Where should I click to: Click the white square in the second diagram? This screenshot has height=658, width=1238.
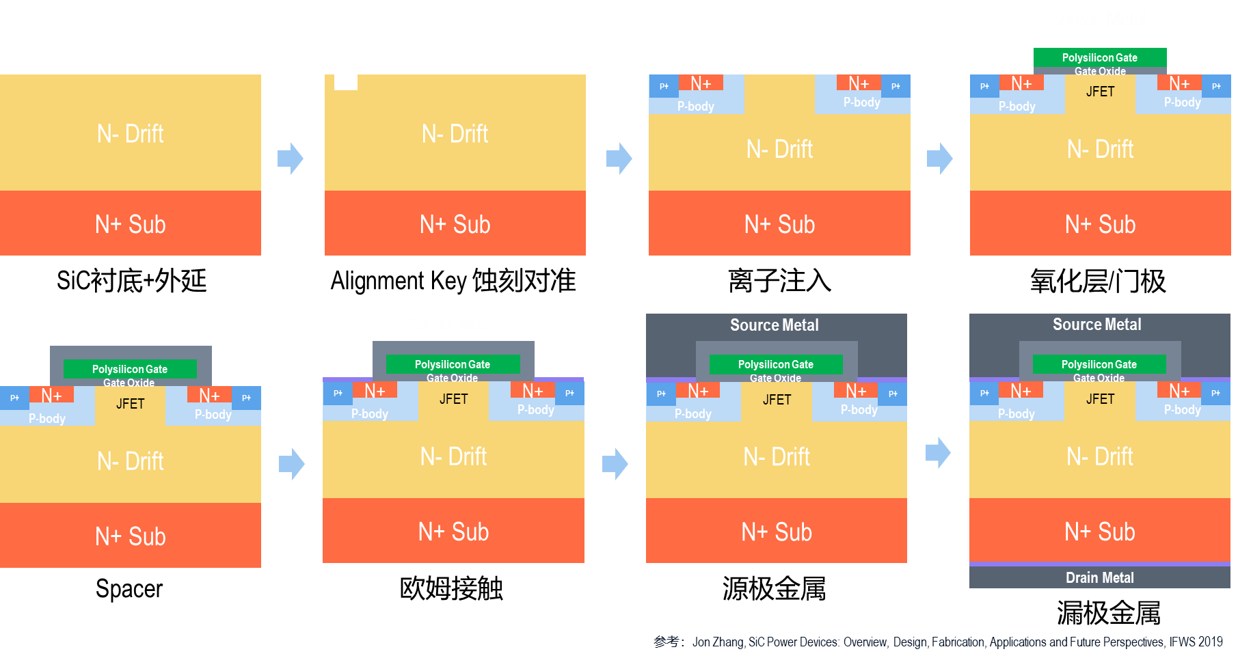point(345,83)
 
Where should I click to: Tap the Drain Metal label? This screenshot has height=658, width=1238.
point(1099,578)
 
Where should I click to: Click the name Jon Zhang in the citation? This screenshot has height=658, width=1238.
point(718,642)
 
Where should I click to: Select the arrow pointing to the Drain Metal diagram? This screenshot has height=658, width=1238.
point(938,452)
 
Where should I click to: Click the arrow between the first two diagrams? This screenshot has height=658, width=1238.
point(291,159)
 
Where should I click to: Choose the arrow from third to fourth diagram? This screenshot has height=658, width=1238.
point(940,159)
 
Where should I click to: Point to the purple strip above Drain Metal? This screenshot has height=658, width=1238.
point(1099,564)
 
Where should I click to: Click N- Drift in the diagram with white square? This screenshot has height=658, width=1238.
point(455,134)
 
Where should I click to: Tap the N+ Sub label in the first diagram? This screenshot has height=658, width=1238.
point(130,224)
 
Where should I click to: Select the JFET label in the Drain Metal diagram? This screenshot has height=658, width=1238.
point(1100,399)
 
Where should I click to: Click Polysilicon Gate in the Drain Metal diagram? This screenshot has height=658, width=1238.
point(1099,364)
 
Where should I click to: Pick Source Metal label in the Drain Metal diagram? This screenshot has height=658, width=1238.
point(1096,325)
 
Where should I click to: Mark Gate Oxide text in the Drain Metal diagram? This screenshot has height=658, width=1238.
point(1099,378)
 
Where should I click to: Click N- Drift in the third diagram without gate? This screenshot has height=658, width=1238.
point(779,149)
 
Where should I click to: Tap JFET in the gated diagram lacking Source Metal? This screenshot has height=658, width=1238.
point(130,404)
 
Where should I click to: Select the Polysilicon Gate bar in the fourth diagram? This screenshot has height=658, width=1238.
point(1099,57)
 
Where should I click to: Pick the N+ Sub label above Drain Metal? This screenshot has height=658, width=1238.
point(1099,532)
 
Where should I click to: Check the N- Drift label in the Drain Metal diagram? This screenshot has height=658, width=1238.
point(1099,456)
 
